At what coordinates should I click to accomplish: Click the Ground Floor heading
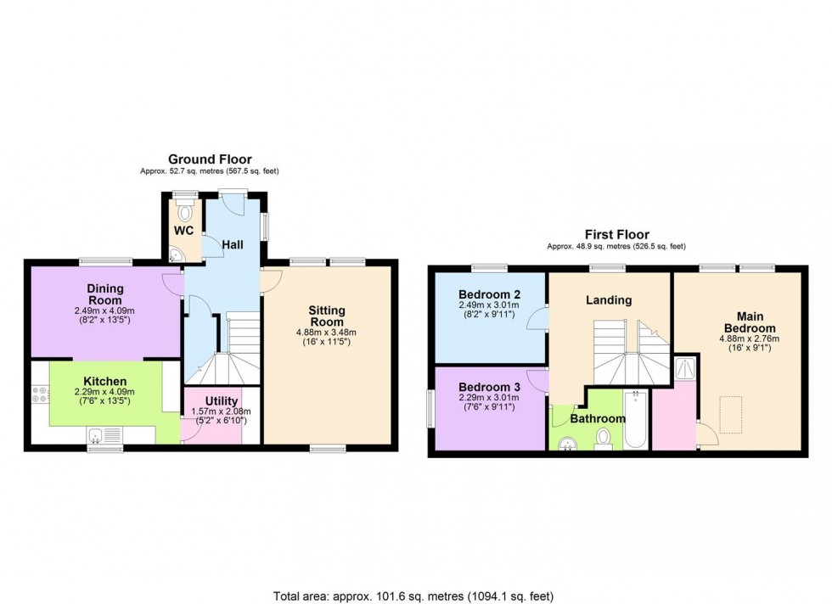pos(210,159)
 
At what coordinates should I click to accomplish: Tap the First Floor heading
pos(616,234)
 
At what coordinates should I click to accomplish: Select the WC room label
pos(184,231)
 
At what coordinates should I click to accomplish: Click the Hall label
pos(233,244)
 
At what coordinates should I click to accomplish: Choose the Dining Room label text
pos(104,294)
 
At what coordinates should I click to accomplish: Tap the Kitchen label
pos(104,382)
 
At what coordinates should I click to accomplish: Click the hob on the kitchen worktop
pos(39,395)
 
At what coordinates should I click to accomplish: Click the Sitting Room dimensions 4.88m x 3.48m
pos(327,333)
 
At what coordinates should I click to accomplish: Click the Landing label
pos(609,299)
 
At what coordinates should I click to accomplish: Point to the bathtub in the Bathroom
pos(636,419)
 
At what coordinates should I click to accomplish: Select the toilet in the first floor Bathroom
pos(604,437)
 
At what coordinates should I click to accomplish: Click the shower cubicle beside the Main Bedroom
pos(683,367)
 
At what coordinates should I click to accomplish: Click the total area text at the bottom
pos(414,595)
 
